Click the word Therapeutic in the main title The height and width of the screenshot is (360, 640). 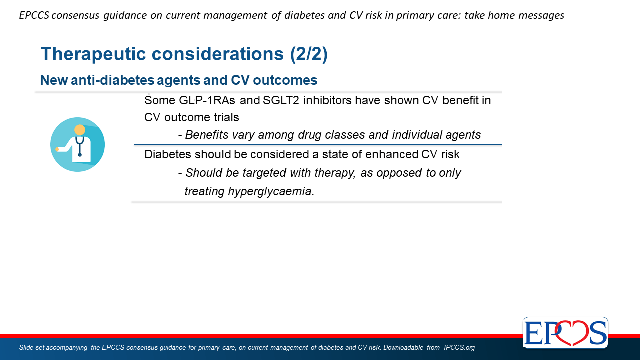click(93, 54)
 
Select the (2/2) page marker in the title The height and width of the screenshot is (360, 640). click(309, 54)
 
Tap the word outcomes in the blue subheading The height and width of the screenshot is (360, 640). click(285, 80)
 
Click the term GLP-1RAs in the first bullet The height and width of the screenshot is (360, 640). click(207, 100)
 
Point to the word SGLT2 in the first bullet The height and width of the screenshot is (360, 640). click(281, 100)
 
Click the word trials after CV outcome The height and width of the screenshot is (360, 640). click(226, 117)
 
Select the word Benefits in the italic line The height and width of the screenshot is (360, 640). click(207, 135)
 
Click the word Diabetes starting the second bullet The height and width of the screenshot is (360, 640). click(168, 154)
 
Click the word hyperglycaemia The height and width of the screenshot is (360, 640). click(271, 192)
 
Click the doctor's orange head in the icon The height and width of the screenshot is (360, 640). click(80, 130)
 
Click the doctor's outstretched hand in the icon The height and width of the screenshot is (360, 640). click(57, 149)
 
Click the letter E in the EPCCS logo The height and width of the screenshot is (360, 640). click(533, 333)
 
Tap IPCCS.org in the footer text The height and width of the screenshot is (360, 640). click(459, 347)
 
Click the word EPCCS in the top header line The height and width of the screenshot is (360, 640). click(34, 15)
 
